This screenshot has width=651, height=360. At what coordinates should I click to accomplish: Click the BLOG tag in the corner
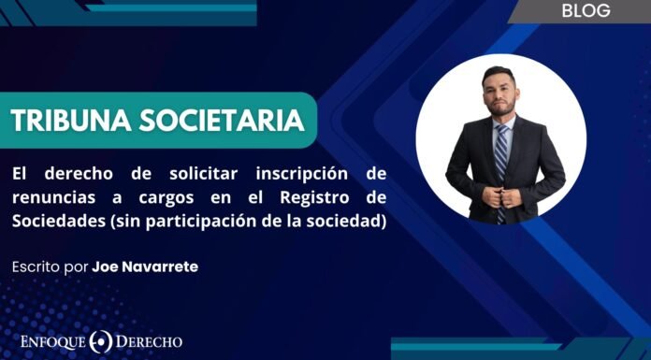coord(587,11)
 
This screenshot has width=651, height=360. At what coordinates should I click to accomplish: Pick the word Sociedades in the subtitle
coord(56,220)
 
